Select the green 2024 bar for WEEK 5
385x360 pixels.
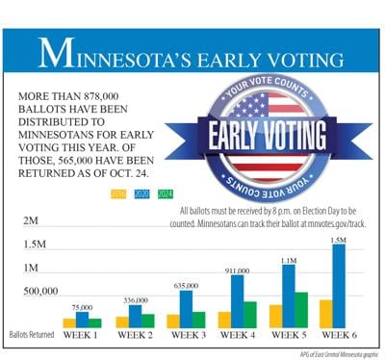coord(300,310)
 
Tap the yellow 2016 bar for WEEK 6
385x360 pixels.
coord(325,314)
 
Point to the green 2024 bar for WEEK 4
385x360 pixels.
coord(250,315)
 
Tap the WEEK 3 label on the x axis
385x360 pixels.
coord(185,336)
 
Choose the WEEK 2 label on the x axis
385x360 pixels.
coord(134,336)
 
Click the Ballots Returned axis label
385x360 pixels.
coord(34,336)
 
